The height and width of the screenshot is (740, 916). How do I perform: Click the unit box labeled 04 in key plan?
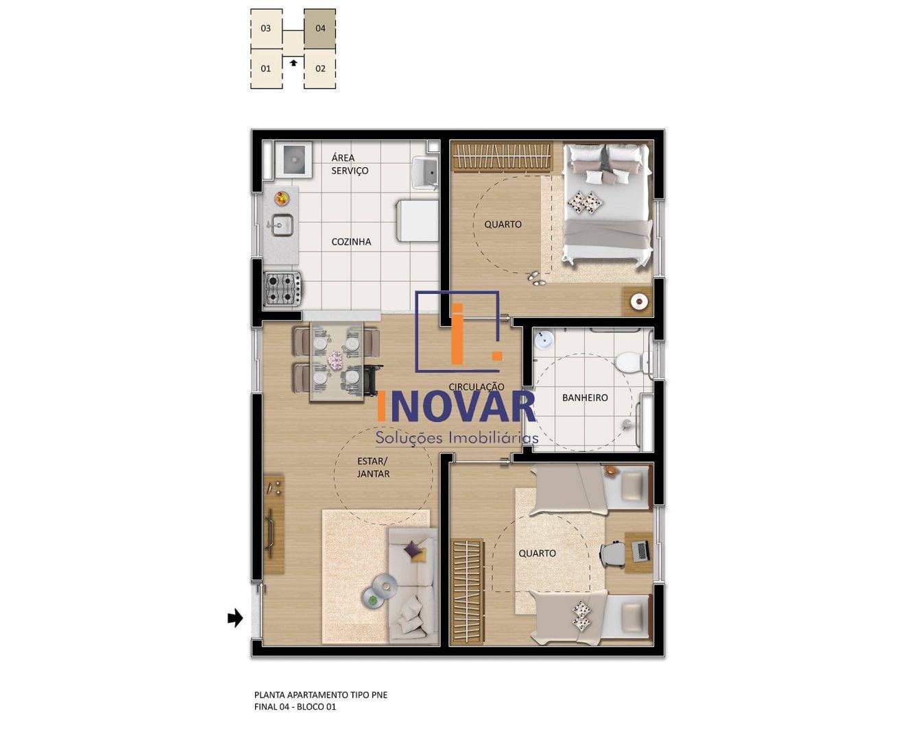320,29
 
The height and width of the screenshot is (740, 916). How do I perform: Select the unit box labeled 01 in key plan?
266,69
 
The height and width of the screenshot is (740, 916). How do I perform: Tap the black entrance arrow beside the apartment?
235,618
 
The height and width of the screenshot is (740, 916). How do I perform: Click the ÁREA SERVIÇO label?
350,164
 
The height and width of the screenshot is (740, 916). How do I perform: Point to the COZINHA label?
351,242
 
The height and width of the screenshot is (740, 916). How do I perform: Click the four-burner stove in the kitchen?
283,288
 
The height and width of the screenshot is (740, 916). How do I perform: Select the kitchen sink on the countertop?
281,223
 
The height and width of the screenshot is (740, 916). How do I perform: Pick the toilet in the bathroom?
630,362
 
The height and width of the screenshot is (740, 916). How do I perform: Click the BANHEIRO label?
585,397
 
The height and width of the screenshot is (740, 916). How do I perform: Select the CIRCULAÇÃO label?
476,387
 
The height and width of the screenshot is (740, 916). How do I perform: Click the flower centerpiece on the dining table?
335,360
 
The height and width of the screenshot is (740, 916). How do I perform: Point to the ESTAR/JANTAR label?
373,467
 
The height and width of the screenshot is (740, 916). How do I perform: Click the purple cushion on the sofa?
413,549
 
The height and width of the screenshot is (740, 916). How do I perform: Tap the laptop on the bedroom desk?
640,550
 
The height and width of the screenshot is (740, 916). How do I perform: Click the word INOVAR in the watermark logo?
457,407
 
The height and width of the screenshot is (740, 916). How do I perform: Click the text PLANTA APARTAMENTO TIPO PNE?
321,695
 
